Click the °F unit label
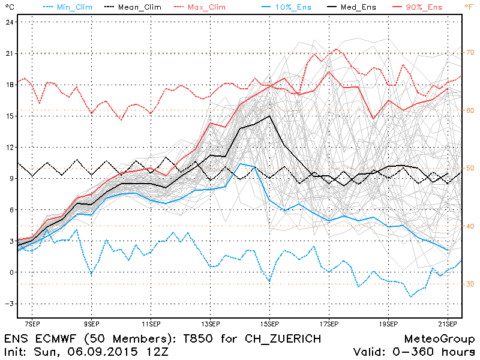(469, 7)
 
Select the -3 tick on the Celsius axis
(9, 304)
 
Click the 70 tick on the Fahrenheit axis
(471, 53)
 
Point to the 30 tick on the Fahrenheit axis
(471, 284)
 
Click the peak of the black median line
(269, 116)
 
